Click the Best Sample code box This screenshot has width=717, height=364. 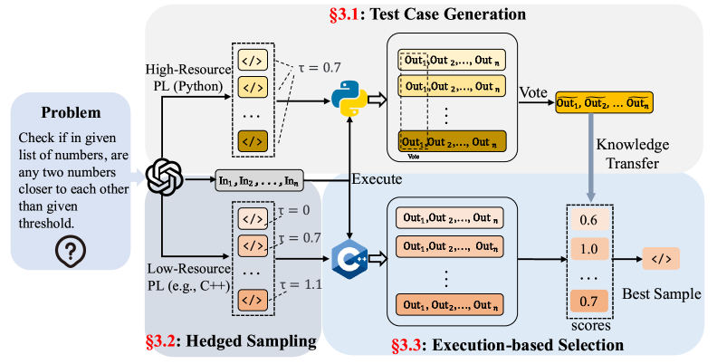click(661, 259)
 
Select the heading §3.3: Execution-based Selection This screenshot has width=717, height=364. click(506, 345)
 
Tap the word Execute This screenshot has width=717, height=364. click(377, 178)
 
